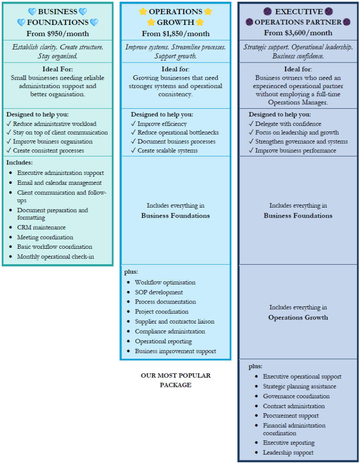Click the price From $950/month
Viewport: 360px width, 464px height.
[x=58, y=34]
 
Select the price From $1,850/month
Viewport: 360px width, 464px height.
[x=175, y=34]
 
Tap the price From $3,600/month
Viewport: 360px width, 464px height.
[x=298, y=33]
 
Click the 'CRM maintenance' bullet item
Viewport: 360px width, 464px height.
[x=41, y=227]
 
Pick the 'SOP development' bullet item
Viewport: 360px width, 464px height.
[x=159, y=292]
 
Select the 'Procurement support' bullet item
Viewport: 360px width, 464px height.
[x=291, y=416]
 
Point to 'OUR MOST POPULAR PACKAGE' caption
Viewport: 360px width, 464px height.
[x=175, y=380]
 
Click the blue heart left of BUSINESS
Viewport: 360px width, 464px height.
[x=32, y=11]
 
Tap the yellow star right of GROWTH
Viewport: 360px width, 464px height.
[x=200, y=22]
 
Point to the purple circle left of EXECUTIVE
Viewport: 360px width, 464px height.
[x=268, y=11]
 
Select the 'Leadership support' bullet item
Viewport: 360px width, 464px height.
[x=288, y=453]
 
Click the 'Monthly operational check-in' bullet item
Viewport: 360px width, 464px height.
[x=55, y=256]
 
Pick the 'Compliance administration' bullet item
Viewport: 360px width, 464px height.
[x=170, y=331]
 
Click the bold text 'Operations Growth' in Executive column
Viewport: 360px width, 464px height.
[x=298, y=318]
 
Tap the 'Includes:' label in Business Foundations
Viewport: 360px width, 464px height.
[x=19, y=163]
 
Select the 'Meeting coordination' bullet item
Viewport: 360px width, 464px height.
[x=45, y=237]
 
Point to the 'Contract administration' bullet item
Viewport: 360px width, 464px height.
[x=294, y=406]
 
